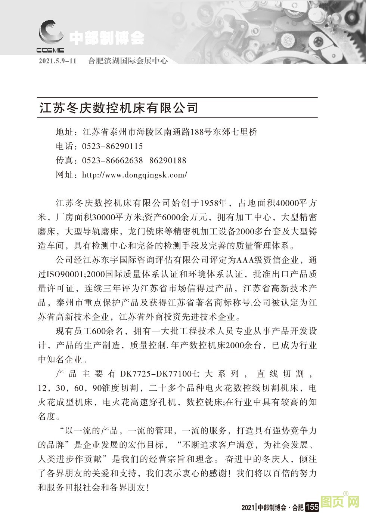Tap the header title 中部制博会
tap(107, 37)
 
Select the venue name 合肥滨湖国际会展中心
tap(128, 61)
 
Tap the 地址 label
tap(64, 132)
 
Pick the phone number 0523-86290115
tap(112, 146)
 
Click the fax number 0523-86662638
tap(112, 160)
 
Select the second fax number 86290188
tap(168, 160)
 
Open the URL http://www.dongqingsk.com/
tap(134, 175)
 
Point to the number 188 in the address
tap(197, 132)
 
